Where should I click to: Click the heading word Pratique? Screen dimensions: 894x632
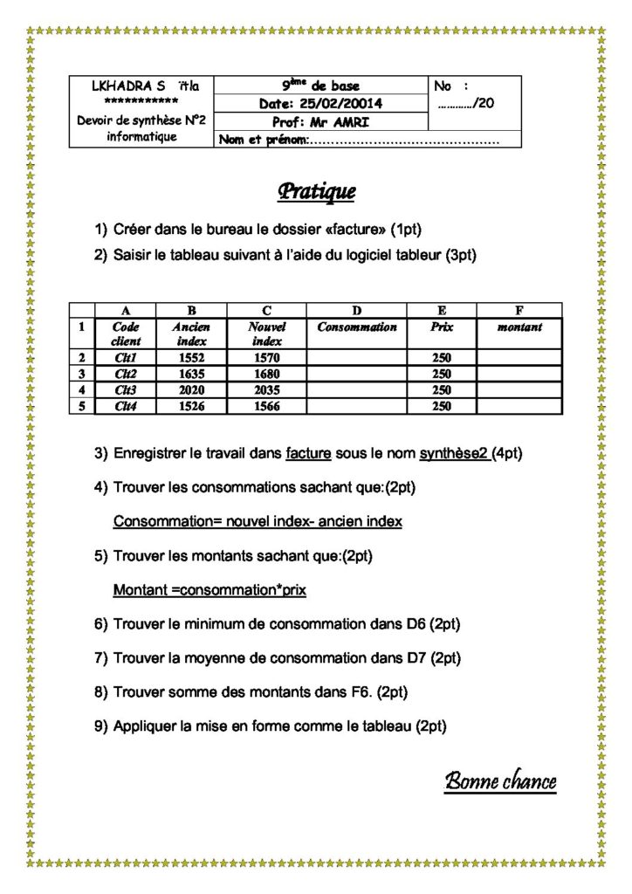(x=317, y=190)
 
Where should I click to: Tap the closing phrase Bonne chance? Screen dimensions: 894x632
(x=499, y=781)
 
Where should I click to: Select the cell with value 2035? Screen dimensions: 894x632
(x=266, y=389)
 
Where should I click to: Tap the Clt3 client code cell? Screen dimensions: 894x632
(x=127, y=389)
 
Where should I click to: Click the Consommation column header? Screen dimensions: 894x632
(x=357, y=327)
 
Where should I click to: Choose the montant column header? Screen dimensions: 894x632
(x=519, y=327)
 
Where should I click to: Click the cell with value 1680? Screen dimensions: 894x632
(x=266, y=374)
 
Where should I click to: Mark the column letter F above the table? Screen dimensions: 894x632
(x=519, y=310)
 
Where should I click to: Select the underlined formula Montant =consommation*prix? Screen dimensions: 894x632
(x=210, y=590)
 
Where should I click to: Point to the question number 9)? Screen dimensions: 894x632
(x=100, y=726)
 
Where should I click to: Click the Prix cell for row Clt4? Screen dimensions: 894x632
(x=442, y=406)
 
